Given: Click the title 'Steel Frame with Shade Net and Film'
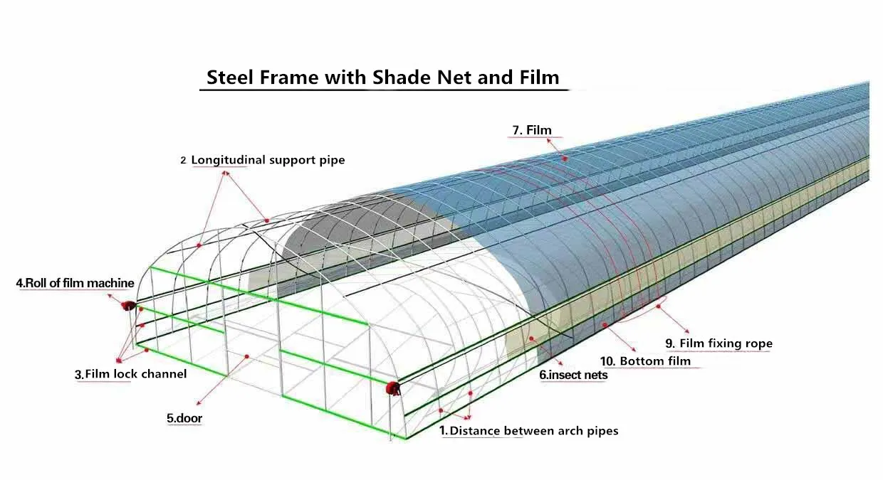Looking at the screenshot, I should pos(382,77).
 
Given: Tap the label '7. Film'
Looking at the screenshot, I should pos(531,129).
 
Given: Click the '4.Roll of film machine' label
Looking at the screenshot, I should pos(75,283).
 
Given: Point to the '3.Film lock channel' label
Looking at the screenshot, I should pos(131,374).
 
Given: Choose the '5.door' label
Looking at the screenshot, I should pos(184,419).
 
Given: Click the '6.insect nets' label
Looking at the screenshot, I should pos(573,375).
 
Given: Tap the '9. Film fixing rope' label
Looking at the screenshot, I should pos(719,343).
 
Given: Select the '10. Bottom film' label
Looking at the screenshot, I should pos(645,361).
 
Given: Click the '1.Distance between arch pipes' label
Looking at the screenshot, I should pos(528,430).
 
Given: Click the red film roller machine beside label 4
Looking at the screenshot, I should pos(128,306).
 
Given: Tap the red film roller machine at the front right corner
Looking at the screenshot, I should pos(392,388).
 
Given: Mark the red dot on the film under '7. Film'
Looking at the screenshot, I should pos(565,158).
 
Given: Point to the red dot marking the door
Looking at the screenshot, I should pos(246,356).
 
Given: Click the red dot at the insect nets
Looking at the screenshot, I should pos(531,338).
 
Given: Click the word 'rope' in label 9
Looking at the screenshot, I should pos(758,344).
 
